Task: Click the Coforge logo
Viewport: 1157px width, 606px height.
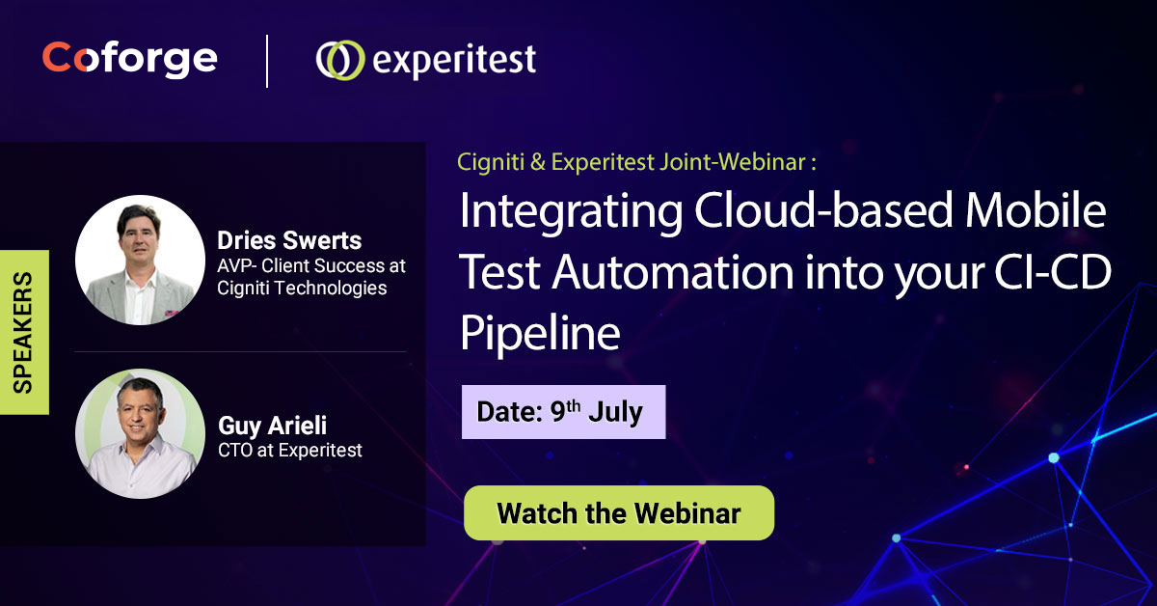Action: point(129,59)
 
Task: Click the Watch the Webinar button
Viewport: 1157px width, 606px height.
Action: point(619,513)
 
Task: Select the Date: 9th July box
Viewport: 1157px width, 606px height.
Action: point(563,412)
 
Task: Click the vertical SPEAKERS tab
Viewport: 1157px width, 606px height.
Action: point(24,332)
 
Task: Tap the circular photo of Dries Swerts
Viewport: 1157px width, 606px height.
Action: point(140,261)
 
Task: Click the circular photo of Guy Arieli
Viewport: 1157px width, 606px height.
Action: point(140,434)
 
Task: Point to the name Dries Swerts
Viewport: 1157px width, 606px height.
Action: point(289,240)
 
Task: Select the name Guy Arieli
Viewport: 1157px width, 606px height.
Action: point(272,427)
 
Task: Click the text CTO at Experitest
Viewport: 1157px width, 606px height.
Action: point(290,451)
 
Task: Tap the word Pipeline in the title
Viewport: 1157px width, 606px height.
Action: point(540,334)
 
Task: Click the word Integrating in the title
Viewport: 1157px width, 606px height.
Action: point(571,213)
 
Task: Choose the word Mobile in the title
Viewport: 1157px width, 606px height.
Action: point(1036,210)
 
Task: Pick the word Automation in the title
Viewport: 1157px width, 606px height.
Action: point(673,272)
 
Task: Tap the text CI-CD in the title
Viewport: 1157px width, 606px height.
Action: point(1053,272)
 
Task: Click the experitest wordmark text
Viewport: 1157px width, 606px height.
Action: point(454,61)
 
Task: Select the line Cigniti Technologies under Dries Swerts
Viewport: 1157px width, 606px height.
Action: point(302,289)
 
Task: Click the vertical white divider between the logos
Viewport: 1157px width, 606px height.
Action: point(267,61)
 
